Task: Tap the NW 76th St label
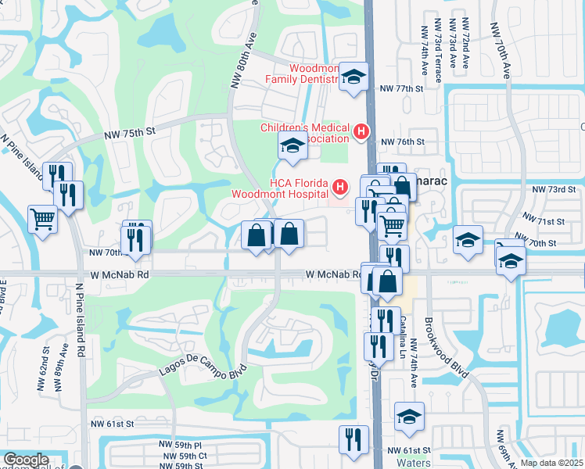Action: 402,142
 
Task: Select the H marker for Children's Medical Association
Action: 361,133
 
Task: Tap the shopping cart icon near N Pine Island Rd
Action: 42,218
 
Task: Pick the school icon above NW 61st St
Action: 408,416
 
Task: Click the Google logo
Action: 26,460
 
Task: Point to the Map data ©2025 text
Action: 551,463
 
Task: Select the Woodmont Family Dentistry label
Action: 302,73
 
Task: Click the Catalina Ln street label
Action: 405,331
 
